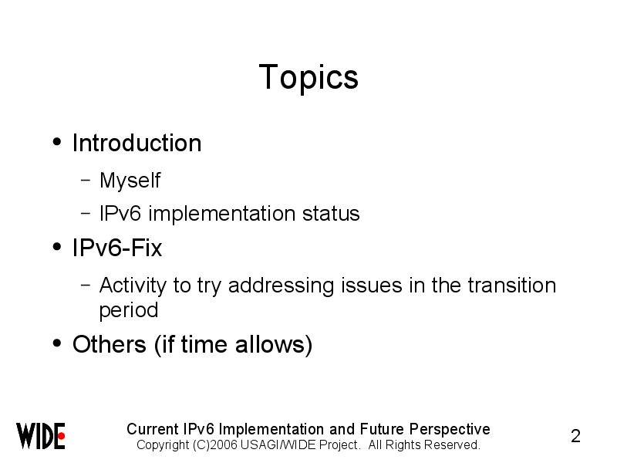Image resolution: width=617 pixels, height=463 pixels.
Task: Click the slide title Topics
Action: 308,78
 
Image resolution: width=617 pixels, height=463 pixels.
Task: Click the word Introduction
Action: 137,143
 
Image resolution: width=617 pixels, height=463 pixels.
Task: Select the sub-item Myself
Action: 130,181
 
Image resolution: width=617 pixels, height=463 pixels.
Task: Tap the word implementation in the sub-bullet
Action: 222,214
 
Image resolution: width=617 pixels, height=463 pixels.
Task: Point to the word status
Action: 331,214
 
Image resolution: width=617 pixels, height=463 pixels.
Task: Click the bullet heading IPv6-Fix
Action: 117,248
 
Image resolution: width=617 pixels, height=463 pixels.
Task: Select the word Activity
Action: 133,286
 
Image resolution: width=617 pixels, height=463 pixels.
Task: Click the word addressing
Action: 282,286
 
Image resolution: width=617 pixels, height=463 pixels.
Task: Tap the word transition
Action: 512,285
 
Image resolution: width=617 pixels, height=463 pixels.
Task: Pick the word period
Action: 129,311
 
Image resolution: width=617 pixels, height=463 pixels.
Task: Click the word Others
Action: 110,344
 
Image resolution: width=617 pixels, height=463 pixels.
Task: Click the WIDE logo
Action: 41,436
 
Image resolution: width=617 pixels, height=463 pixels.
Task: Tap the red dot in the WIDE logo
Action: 62,436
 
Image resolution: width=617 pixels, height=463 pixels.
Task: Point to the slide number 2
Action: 575,436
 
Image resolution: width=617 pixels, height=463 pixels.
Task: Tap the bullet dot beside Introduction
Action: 57,142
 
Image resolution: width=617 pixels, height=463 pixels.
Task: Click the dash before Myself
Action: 86,181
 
